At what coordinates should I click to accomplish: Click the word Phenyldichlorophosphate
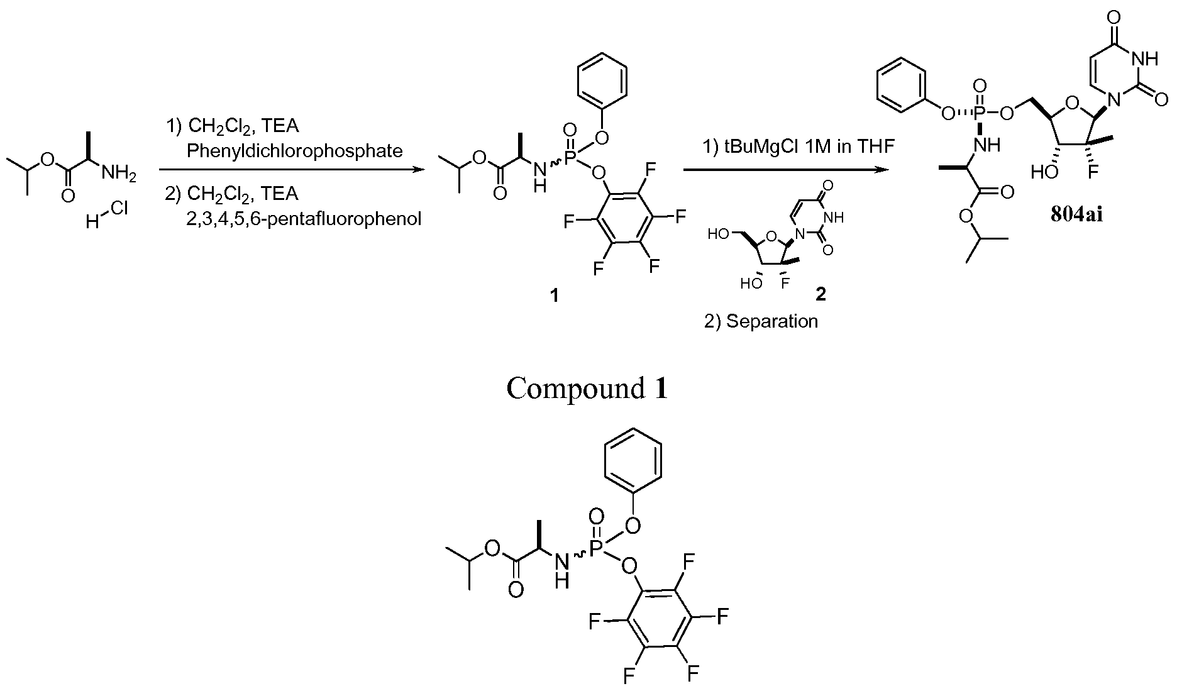[294, 151]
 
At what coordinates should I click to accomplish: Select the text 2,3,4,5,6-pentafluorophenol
[304, 219]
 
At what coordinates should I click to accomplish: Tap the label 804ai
[1076, 214]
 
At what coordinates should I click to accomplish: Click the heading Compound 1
[587, 389]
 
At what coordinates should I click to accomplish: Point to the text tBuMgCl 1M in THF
[798, 146]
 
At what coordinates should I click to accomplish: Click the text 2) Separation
[761, 321]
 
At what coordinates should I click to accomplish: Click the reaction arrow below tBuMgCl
[786, 170]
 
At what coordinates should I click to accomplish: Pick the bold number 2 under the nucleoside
[821, 294]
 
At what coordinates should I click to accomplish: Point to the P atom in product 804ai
[980, 113]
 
